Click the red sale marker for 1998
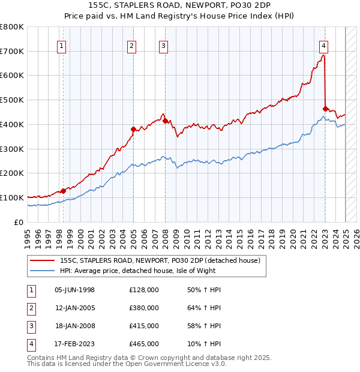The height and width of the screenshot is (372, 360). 63,191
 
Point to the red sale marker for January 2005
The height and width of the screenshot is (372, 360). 133,128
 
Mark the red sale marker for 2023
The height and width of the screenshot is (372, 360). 325,109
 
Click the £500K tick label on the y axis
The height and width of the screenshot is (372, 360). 12,100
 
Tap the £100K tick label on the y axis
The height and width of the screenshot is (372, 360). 12,197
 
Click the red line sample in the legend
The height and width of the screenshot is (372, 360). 43,260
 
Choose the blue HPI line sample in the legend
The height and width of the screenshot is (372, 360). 43,271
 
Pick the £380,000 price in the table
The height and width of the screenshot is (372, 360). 143,308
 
